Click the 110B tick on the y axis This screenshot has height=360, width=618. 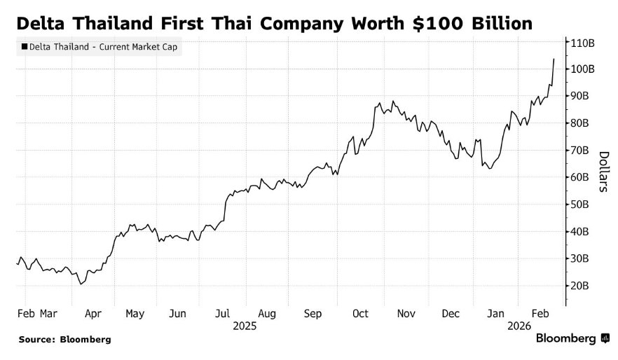point(583,42)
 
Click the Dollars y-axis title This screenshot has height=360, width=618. point(603,172)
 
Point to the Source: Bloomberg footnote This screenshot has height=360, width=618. point(65,339)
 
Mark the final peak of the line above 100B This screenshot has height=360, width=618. point(554,59)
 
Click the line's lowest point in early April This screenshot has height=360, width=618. point(81,284)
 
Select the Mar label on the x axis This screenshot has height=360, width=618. point(48,314)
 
